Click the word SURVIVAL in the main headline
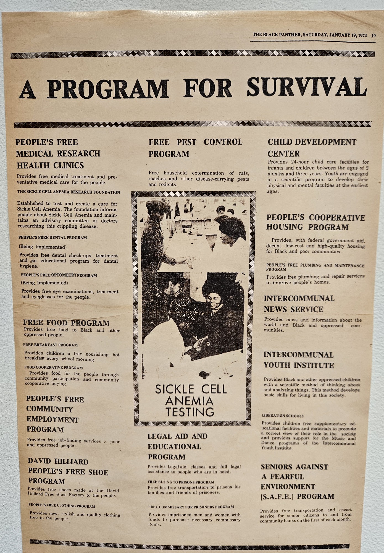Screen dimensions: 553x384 pos(307,87)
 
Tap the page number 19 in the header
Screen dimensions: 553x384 pos(373,35)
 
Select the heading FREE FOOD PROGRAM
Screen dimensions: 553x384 pos(66,323)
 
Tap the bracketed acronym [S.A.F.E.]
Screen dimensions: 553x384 pos(278,496)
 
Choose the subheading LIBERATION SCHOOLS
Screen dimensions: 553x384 pos(283,416)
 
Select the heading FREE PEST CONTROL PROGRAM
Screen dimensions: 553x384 pos(195,148)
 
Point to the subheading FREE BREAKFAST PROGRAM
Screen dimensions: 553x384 pos(50,345)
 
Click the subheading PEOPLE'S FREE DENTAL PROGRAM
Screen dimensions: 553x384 pos(52,238)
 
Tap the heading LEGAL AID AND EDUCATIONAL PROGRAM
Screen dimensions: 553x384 pos(177,446)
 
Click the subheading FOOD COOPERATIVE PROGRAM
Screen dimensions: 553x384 pos(53,367)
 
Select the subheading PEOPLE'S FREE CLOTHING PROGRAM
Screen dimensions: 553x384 pos(62,506)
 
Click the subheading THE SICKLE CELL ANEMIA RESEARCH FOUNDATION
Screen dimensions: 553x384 pos(69,192)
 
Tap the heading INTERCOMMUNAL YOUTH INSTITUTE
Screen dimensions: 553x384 pos(298,360)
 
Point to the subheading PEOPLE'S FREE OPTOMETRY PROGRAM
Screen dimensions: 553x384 pos(59,275)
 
